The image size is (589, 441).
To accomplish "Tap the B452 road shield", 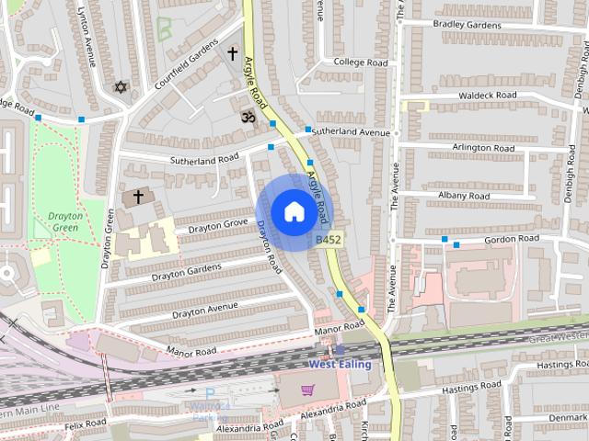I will [x=329, y=240].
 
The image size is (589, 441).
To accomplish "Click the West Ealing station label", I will [x=340, y=364].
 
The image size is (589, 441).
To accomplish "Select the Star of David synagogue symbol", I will [x=118, y=88].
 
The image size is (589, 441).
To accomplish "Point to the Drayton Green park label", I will [x=65, y=221].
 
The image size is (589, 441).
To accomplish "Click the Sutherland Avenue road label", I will [x=351, y=132].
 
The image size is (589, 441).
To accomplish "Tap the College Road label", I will [x=361, y=62].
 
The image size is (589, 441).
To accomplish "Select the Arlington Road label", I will [x=482, y=147].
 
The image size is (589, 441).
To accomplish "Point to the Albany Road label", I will [x=465, y=196].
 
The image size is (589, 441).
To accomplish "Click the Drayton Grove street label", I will [x=219, y=223].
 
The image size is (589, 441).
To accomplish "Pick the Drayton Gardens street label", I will [x=187, y=271].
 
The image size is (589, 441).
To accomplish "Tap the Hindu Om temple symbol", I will [x=246, y=117].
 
